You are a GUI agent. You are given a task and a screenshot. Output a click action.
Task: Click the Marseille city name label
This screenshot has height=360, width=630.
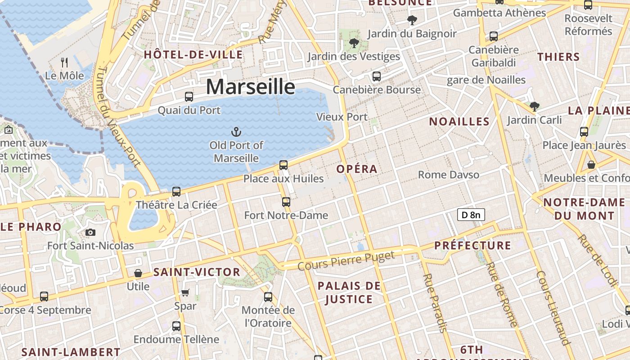pyautogui.click(x=251, y=86)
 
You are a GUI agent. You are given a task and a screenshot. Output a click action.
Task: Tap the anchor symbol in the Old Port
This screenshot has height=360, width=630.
pyautogui.click(x=236, y=132)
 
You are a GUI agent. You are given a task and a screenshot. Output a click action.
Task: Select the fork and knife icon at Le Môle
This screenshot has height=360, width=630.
pyautogui.click(x=64, y=62)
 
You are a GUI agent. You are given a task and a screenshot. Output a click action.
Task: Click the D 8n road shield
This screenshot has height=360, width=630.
pyautogui.click(x=471, y=215)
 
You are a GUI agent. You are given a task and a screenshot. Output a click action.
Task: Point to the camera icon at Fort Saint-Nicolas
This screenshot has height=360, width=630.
pyautogui.click(x=90, y=232)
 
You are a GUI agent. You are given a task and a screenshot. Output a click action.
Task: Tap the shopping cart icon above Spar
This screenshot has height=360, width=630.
pyautogui.click(x=185, y=293)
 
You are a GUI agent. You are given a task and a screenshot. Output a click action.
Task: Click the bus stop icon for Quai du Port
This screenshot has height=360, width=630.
pyautogui.click(x=189, y=96)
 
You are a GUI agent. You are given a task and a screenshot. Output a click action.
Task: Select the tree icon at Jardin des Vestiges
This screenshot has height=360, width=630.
pyautogui.click(x=354, y=43)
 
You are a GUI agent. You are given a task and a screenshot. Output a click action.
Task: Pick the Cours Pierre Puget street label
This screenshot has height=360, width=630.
pyautogui.click(x=346, y=261)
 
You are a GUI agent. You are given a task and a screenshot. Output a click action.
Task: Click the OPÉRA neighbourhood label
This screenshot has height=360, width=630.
pyautogui.click(x=357, y=169)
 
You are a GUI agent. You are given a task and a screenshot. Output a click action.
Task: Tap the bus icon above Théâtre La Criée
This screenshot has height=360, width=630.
pyautogui.click(x=176, y=192)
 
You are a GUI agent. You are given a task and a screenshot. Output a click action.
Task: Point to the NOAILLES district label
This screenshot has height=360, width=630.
pyautogui.click(x=459, y=121)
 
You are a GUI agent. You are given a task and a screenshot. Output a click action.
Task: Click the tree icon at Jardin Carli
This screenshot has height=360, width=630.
pyautogui.click(x=534, y=107)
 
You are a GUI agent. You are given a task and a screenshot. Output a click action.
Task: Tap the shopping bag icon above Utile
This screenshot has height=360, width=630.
pyautogui.click(x=138, y=273)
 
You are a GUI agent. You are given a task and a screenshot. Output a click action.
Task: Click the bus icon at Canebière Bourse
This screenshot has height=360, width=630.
pyautogui.click(x=377, y=76)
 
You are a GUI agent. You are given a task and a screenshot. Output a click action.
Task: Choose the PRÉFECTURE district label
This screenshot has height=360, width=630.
pyautogui.click(x=472, y=246)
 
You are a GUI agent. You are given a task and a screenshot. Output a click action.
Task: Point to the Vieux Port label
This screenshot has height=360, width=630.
pyautogui.click(x=342, y=117)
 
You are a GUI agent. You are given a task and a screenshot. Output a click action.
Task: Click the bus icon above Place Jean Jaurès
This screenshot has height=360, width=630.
pyautogui.click(x=584, y=132)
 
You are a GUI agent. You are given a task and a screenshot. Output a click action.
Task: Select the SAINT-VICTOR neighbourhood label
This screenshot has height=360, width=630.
pyautogui.click(x=197, y=272)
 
